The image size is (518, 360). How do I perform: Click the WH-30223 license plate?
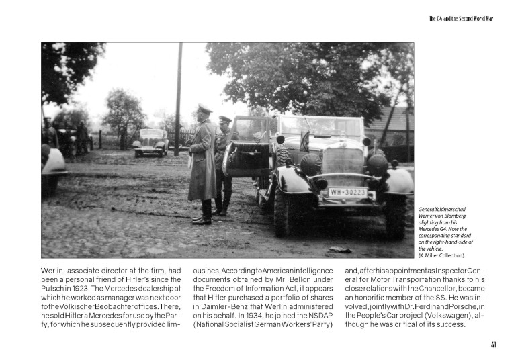(347, 193)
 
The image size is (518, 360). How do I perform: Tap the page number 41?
(494, 345)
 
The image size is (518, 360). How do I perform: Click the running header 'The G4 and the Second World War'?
(461, 18)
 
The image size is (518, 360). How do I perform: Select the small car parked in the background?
(150, 142)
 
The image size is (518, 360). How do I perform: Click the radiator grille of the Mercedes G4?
(343, 162)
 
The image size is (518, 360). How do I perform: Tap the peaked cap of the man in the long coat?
(204, 109)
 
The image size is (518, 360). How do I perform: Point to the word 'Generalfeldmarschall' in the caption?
(442, 210)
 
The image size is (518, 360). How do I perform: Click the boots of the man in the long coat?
(202, 218)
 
